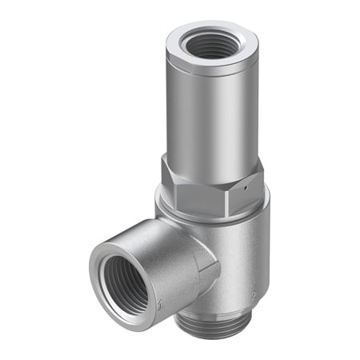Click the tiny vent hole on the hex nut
[x=249, y=182]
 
